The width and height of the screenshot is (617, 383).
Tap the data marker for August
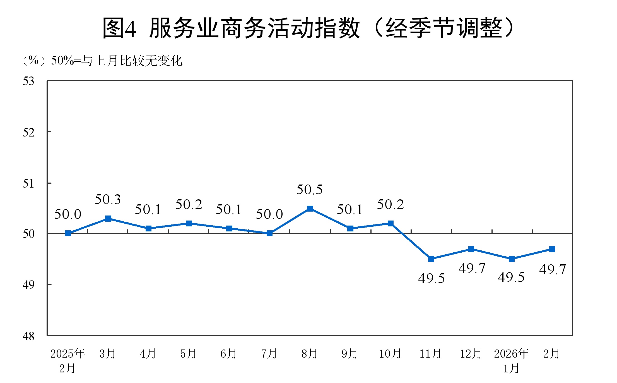[310, 209]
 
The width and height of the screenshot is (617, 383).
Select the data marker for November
[431, 259]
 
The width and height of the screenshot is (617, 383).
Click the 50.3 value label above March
[108, 200]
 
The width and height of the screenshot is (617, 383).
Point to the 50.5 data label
[309, 190]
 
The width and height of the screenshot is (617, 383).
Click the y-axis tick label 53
[28, 81]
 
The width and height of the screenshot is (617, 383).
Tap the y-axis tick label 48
[28, 336]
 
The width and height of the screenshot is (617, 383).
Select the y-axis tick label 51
[28, 184]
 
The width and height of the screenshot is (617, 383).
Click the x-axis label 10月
[390, 354]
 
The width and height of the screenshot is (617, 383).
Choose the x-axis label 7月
[269, 354]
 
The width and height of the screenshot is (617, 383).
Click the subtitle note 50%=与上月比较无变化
[117, 61]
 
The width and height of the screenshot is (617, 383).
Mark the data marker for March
[108, 219]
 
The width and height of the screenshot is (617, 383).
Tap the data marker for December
[471, 249]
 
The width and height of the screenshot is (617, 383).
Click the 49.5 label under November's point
[432, 278]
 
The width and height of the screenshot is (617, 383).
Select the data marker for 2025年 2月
[68, 233]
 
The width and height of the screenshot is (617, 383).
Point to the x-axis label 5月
[188, 354]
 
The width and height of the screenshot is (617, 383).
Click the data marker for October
[391, 223]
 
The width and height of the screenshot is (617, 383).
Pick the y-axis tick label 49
[28, 285]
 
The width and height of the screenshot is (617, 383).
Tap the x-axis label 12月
[471, 354]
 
